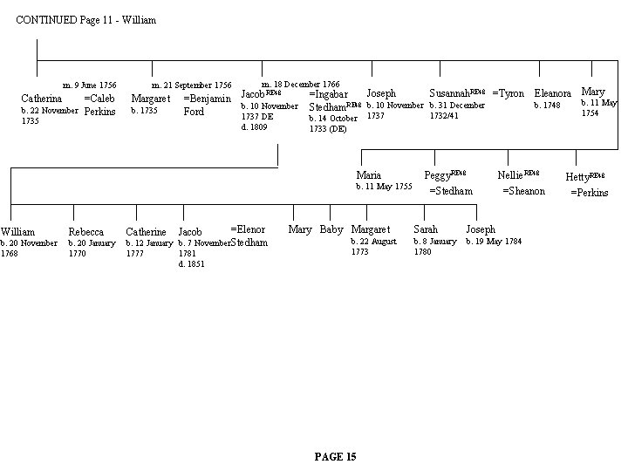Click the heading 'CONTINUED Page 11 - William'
coord(86,19)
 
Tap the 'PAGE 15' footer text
coord(335,456)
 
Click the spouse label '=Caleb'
coord(99,99)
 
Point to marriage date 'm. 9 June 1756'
coord(84,85)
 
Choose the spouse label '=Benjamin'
coord(207,99)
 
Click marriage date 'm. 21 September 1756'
coord(192,85)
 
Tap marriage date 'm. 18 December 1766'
coord(301,82)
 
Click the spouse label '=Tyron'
coord(508,92)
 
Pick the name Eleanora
coord(552,93)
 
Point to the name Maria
coord(369,175)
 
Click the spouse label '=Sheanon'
coord(523,191)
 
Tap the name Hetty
coord(578,177)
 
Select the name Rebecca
coord(86,232)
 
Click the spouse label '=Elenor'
coord(248,229)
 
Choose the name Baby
coord(331,229)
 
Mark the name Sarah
coord(426,229)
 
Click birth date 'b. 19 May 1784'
coord(494,242)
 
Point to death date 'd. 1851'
coord(192,263)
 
